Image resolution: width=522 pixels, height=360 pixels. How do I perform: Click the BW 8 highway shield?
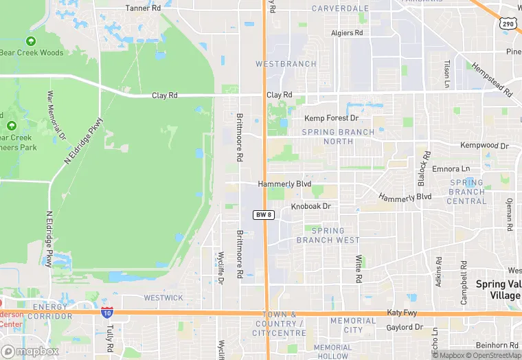tap(264, 215)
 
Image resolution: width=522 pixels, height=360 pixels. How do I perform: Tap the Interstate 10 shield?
tap(106, 313)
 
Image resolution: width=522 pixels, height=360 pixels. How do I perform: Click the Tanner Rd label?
tap(143, 8)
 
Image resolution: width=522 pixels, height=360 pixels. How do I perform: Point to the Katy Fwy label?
tap(403, 312)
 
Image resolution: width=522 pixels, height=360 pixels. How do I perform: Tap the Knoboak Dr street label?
tap(310, 206)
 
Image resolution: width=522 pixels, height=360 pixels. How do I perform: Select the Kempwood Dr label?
tap(484, 146)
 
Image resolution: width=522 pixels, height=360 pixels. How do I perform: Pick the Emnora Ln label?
tap(451, 168)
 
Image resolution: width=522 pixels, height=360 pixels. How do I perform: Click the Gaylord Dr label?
tap(405, 328)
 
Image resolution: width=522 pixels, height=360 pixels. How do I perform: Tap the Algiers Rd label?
tap(347, 33)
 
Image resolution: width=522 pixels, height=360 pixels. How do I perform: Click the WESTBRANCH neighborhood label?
tap(286, 64)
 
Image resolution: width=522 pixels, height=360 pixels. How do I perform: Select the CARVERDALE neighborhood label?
tap(339, 9)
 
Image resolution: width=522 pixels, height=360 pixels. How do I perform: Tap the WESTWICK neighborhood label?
tap(163, 298)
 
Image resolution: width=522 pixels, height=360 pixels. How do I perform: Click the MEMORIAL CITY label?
tap(352, 325)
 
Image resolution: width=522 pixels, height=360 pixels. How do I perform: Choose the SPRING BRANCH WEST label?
tap(328, 236)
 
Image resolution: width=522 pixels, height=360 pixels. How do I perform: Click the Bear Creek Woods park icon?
tap(31, 41)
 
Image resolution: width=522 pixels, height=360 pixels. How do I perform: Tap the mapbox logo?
tap(30, 351)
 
